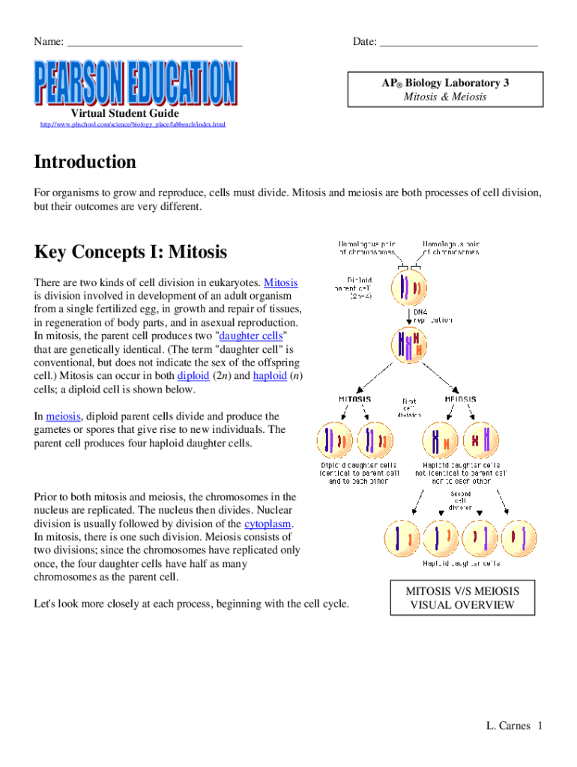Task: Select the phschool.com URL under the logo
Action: (x=132, y=124)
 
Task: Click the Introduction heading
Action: (x=85, y=163)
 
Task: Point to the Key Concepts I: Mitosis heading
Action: (x=130, y=252)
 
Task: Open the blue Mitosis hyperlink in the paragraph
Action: (x=282, y=282)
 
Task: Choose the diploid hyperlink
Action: (x=192, y=376)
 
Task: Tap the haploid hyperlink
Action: (x=270, y=376)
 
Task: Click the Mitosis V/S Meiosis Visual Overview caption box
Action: (x=462, y=598)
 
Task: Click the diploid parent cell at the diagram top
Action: (x=405, y=289)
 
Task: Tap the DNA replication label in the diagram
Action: (x=432, y=315)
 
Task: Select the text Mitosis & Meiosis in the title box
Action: (x=444, y=97)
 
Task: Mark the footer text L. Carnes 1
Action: (x=513, y=725)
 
